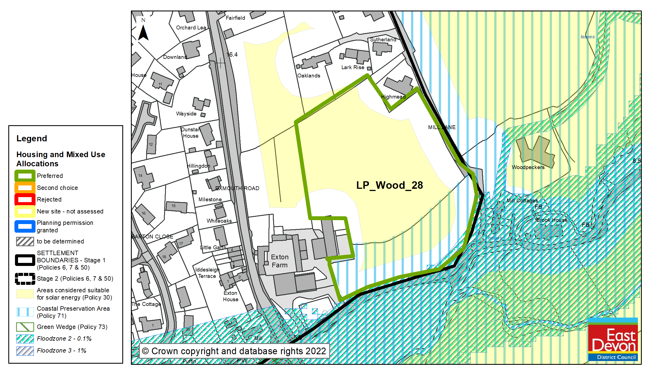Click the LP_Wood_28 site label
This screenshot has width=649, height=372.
point(389,185)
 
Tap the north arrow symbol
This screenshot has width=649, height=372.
point(143,32)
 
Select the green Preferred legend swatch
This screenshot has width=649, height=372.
point(25,176)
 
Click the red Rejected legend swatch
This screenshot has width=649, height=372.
point(25,199)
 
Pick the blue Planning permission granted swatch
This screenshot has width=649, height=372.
point(25,226)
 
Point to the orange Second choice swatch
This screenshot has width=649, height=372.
point(25,188)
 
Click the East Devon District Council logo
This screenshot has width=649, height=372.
point(613,339)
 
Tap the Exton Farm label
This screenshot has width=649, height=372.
point(280,261)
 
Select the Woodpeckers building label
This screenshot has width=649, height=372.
point(528,167)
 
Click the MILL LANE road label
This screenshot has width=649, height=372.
point(442,127)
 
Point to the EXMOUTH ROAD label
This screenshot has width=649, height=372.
point(237,188)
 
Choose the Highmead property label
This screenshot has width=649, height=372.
point(393,97)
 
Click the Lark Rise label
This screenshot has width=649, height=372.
point(353,67)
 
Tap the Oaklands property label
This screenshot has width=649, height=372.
point(309,76)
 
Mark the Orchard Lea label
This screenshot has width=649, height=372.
point(191,27)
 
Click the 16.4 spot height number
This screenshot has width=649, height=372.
point(232,54)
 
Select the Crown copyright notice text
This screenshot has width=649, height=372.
point(234,351)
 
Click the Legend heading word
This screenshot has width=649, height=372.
point(32,138)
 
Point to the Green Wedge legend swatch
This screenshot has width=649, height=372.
point(25,327)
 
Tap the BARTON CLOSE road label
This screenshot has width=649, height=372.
point(152,237)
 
